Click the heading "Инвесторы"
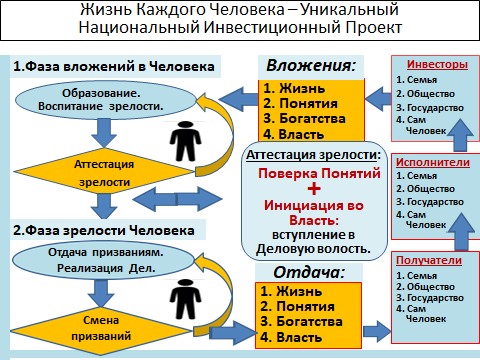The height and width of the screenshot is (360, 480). [437, 64]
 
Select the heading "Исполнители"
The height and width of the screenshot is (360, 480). [433, 162]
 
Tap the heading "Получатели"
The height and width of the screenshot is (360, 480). [429, 260]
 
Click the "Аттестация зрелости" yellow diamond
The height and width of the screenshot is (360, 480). [104, 172]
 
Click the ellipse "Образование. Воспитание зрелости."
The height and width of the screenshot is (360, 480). [106, 100]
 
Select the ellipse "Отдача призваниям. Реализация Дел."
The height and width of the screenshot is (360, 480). [103, 260]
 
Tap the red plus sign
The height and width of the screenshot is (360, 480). [314, 189]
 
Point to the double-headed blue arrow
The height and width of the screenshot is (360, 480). [177, 199]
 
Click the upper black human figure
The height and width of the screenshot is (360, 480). [185, 141]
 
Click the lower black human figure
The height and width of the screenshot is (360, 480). [185, 299]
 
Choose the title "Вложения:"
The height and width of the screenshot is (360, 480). [311, 66]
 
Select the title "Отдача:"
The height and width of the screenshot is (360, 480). [309, 272]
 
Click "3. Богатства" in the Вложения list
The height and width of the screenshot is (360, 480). [304, 119]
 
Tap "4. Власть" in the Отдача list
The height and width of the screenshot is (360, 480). [291, 337]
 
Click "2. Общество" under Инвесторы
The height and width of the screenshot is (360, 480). [425, 94]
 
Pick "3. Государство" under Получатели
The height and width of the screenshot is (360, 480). [430, 298]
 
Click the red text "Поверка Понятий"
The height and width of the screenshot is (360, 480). [319, 174]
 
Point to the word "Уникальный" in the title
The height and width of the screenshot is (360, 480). [350, 10]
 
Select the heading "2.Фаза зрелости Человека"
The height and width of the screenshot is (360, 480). [104, 230]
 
